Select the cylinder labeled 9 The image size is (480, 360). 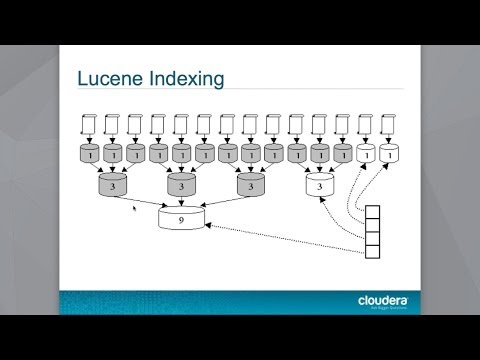182,217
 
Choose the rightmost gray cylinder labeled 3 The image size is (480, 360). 251,185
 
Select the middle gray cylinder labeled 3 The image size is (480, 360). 182,185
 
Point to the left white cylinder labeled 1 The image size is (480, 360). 367,155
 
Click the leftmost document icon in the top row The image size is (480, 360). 89,125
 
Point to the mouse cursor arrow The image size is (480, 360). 135,209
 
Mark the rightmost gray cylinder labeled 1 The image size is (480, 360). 344,155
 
